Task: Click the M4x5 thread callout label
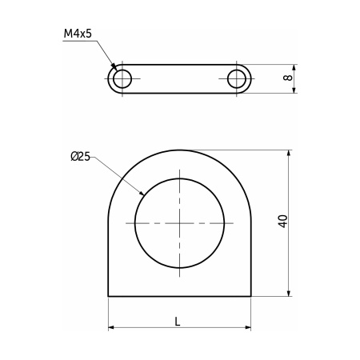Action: (x=78, y=34)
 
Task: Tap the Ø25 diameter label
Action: (x=81, y=156)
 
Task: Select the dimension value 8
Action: (x=288, y=78)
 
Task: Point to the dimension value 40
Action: (x=283, y=221)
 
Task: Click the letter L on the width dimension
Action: (x=178, y=322)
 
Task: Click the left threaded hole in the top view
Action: (x=122, y=79)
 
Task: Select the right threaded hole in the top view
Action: (x=237, y=79)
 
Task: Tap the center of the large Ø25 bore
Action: (x=180, y=223)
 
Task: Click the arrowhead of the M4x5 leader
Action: (x=114, y=66)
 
